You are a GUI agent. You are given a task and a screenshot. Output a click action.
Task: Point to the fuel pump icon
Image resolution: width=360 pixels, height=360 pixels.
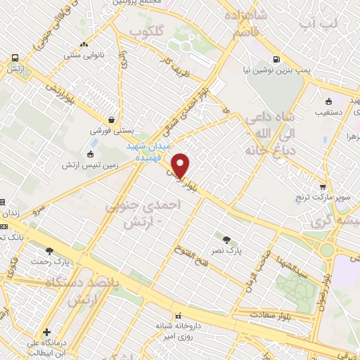[278, 59]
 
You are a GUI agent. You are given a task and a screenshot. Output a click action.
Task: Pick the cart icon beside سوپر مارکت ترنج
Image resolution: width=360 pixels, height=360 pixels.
[323, 187]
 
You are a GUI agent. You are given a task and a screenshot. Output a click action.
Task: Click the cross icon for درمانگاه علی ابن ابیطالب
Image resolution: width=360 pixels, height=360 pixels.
[46, 332]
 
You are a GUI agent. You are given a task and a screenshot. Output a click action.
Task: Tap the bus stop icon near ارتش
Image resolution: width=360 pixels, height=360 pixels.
[14, 58]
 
